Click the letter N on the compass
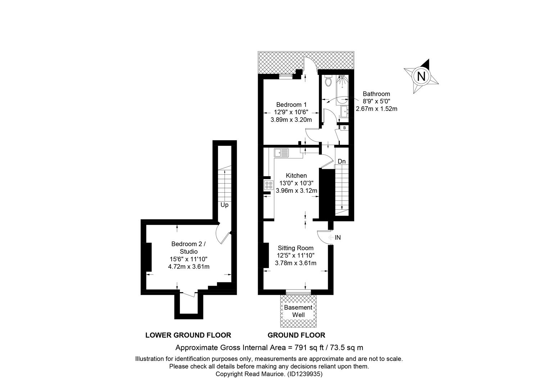pyautogui.click(x=421, y=76)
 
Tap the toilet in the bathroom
pyautogui.click(x=328, y=81)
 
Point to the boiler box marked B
pyautogui.click(x=344, y=128)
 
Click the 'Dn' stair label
pyautogui.click(x=342, y=161)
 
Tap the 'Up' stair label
pyautogui.click(x=224, y=205)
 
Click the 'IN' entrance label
pyautogui.click(x=338, y=237)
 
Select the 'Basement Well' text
pyautogui.click(x=298, y=311)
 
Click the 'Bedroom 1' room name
pyautogui.click(x=291, y=104)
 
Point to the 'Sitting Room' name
pyautogui.click(x=296, y=248)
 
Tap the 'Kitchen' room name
pyautogui.click(x=297, y=175)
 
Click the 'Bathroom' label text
pyautogui.click(x=376, y=94)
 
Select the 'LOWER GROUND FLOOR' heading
pyautogui.click(x=188, y=335)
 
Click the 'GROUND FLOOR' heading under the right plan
pyautogui.click(x=297, y=335)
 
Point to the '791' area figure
pyautogui.click(x=300, y=348)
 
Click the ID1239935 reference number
pyautogui.click(x=305, y=374)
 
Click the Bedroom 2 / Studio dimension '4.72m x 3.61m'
pyautogui.click(x=189, y=267)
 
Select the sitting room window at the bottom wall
pyautogui.click(x=298, y=292)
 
